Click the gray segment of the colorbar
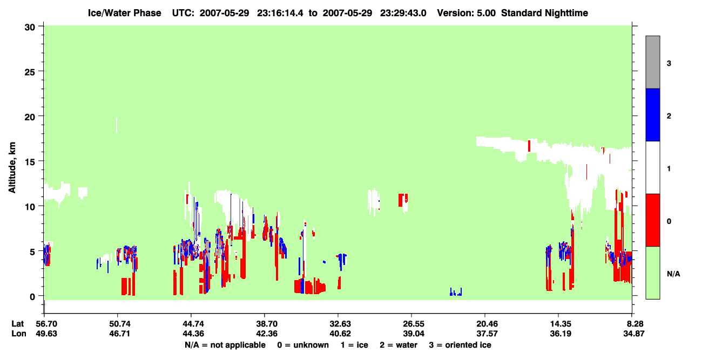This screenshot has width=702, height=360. [x=652, y=62]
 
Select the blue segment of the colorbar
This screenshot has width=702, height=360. [x=652, y=114]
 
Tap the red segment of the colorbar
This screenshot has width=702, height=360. [x=652, y=220]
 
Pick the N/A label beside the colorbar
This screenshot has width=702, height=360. [x=673, y=274]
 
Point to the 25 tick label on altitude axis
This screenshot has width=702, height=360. [x=30, y=72]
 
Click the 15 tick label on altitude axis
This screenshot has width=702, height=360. [x=30, y=162]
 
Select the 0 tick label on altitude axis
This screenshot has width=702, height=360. [x=32, y=297]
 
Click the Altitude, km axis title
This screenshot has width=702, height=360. [x=12, y=167]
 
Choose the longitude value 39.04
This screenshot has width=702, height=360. [x=414, y=334]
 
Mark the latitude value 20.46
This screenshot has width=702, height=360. [x=487, y=324]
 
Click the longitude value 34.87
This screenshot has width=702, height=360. [x=633, y=334]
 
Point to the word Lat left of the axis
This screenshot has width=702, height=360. [x=17, y=324]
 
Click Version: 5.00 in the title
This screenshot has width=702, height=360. [x=467, y=13]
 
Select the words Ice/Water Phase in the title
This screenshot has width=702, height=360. [x=124, y=13]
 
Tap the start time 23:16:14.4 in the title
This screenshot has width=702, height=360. [x=280, y=13]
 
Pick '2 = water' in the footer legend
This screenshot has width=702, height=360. [x=399, y=345]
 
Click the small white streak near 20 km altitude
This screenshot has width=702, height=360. [x=117, y=125]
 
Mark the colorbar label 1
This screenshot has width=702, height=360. [x=669, y=168]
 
